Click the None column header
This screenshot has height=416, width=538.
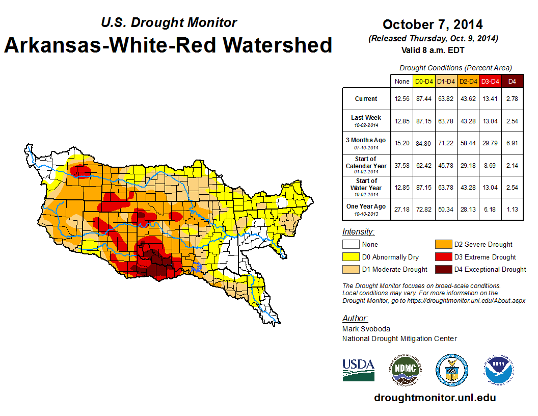(x=402, y=81)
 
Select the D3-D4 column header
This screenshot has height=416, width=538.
(x=490, y=81)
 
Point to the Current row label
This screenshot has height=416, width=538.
(x=366, y=99)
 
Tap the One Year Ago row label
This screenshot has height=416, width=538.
(x=366, y=206)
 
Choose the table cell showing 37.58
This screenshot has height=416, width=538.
(x=402, y=166)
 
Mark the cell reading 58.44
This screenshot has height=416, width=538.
(x=468, y=143)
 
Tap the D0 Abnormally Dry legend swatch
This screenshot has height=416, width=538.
(x=351, y=257)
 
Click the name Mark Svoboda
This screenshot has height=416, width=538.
(x=366, y=329)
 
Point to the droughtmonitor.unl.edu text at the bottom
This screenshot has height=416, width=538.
(x=435, y=398)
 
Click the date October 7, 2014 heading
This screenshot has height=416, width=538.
(x=433, y=24)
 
